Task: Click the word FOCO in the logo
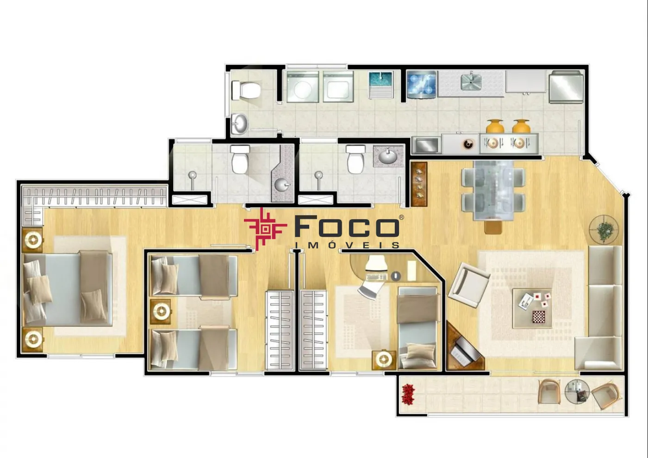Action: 347,226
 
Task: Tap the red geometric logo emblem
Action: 265,229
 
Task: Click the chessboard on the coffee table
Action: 539,317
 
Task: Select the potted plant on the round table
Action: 604,230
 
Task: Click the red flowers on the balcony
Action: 408,394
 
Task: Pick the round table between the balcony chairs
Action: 577,391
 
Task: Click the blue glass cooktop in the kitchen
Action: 422,84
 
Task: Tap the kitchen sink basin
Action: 471,82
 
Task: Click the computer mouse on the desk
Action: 396,276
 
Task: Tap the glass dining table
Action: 493,191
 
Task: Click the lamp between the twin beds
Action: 161,312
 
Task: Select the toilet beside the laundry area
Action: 246,90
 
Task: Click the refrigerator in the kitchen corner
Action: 566,87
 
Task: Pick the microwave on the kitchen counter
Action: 427,145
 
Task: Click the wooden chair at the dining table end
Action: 493,227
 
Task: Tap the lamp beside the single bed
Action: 384,360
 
